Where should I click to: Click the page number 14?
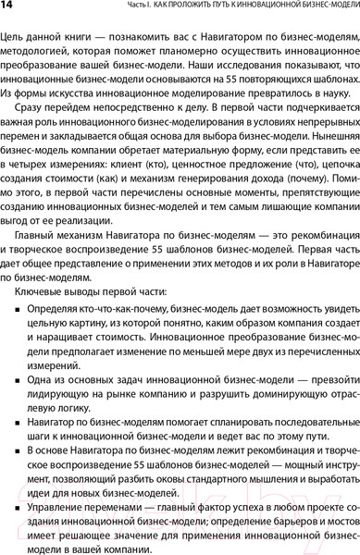(x=7, y=7)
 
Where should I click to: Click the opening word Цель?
(x=15, y=35)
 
